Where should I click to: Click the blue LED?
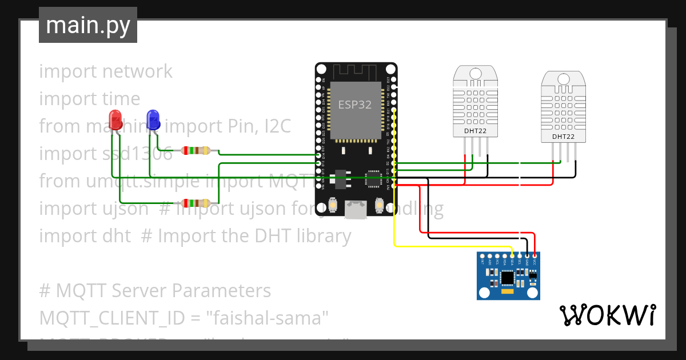(153, 120)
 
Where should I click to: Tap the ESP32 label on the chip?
(354, 105)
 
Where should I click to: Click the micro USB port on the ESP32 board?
(356, 210)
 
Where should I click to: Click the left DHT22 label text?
(475, 131)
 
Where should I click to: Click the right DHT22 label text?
(563, 137)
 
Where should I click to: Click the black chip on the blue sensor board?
(507, 277)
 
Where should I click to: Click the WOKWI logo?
(607, 315)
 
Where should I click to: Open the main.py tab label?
(88, 25)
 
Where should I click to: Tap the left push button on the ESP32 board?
(339, 205)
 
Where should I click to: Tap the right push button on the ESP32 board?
(378, 205)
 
